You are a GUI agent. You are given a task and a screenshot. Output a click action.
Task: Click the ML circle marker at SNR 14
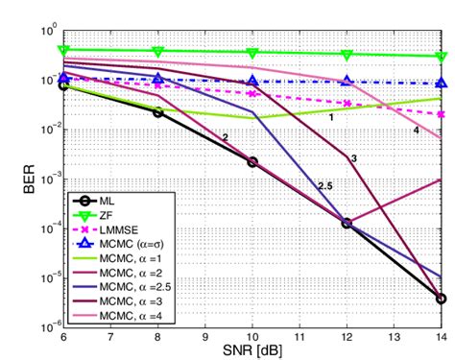(441, 299)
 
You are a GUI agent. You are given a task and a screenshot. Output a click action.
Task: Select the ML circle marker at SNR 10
(252, 161)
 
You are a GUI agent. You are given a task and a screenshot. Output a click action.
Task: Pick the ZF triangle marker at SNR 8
(158, 51)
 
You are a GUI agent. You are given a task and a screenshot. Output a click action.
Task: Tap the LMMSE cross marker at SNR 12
(347, 103)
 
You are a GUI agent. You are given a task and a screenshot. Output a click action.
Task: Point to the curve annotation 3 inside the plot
(353, 156)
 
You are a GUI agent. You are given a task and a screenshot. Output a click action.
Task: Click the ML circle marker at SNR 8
(158, 112)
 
